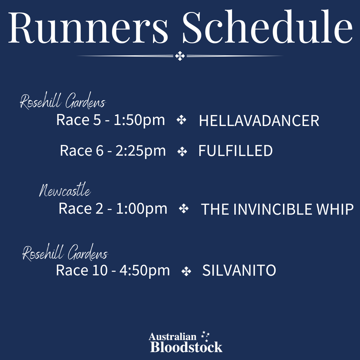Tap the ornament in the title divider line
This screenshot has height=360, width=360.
(180, 56)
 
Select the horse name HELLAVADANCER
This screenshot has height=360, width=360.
(259, 121)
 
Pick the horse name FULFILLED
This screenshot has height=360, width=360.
(236, 151)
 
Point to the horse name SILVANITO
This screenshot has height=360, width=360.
(239, 270)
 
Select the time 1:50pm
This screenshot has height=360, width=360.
(139, 120)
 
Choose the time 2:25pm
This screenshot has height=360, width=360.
(141, 151)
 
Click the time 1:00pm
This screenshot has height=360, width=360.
(142, 209)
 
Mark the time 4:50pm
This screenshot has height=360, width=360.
(145, 270)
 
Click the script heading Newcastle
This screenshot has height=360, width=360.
(65, 190)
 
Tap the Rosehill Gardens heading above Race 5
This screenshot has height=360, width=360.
(63, 101)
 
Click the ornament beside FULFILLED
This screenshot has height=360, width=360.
(182, 152)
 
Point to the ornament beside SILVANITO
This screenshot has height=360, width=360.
(186, 271)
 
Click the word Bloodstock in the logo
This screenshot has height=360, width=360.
(186, 347)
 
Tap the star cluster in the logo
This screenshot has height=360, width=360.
(205, 336)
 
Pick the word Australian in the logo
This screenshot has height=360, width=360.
(172, 337)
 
